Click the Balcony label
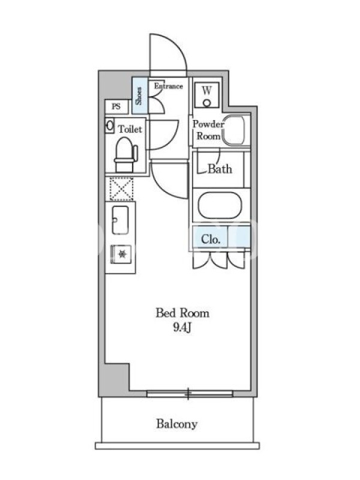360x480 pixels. pos(176,424)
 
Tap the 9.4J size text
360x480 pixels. pos(182,328)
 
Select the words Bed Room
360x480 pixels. pos(182,313)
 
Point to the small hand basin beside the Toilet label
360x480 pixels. pos(109,125)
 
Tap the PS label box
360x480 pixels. pos(116,107)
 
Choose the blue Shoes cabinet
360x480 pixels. pos(140,95)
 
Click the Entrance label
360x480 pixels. pos(169,86)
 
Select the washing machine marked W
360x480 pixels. pos(207,95)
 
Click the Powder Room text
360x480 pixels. pos(208,130)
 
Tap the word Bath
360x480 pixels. pos(220,169)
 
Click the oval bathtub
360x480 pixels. pos(220,205)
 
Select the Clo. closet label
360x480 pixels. pos(211,239)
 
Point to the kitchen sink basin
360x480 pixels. pos(120,220)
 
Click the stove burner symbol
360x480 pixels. pos(122,254)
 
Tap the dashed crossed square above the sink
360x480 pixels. pos(122,189)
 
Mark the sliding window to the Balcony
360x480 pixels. pos(190,394)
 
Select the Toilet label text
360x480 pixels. pos(130,129)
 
